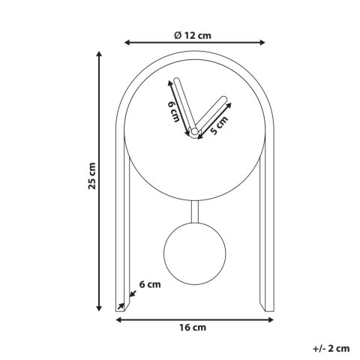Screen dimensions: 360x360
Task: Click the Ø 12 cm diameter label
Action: coord(193,34)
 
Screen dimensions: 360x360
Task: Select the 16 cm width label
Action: coord(193,328)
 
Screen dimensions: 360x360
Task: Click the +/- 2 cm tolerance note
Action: coord(331,348)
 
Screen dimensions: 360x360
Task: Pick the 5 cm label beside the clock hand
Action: coord(219,125)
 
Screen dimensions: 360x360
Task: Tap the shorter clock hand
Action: coord(209,114)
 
